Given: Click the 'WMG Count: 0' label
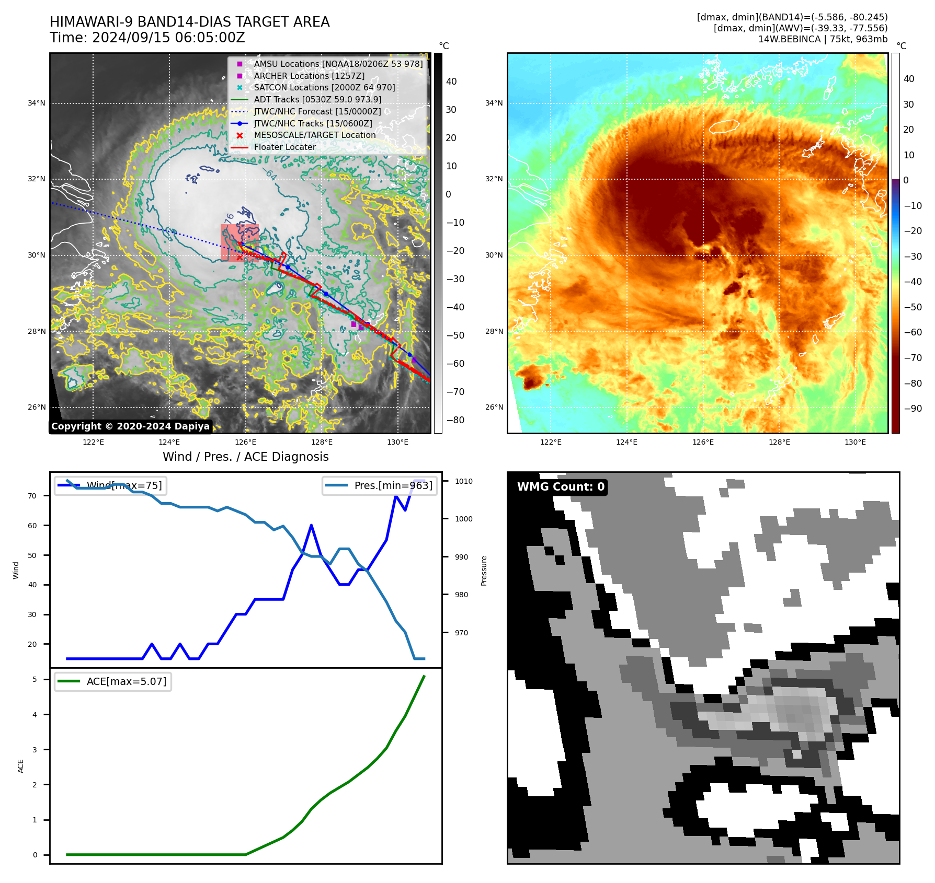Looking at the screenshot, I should [561, 487].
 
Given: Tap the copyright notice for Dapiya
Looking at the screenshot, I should [130, 426].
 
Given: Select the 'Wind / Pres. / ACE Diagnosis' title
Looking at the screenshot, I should [246, 457].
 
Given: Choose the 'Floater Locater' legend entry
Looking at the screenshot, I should [284, 147].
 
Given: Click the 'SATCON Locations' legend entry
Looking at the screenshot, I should [324, 88].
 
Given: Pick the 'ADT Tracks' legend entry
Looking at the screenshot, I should [317, 100].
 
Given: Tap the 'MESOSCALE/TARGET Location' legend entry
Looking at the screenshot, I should [314, 135].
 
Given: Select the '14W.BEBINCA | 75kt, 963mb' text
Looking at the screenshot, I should [823, 39].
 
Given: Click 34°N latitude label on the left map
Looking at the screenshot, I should [37, 103].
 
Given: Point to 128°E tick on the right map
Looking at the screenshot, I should [779, 443].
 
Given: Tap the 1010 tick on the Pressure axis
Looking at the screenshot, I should [463, 481].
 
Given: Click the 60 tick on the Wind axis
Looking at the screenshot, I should [32, 526].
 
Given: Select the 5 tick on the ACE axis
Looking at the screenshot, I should [35, 679].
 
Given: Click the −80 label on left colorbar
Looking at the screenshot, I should [455, 420].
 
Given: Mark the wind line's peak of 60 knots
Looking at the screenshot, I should [311, 525].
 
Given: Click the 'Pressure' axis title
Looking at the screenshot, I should [484, 571].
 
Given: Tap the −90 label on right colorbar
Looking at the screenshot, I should [913, 409].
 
